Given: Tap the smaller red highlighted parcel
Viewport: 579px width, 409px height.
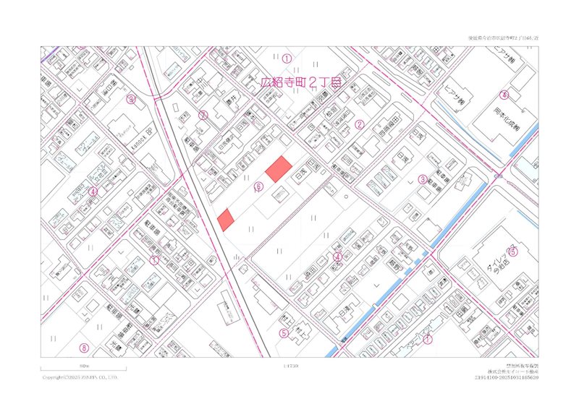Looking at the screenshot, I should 227,219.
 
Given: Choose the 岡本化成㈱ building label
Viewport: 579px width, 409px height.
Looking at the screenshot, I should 497,116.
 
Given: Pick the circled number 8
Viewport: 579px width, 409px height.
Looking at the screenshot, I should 84,348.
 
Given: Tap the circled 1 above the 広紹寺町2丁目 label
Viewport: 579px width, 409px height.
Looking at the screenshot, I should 287,57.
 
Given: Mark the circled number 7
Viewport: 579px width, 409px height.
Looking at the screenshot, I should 428,337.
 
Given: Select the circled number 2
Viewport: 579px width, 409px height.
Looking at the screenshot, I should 358,124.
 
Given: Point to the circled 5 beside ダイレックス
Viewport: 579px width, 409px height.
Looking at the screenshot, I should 512,251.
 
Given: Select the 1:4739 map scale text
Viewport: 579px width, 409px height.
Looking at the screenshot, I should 291,367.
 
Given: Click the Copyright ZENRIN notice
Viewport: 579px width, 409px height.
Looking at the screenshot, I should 80,377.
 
